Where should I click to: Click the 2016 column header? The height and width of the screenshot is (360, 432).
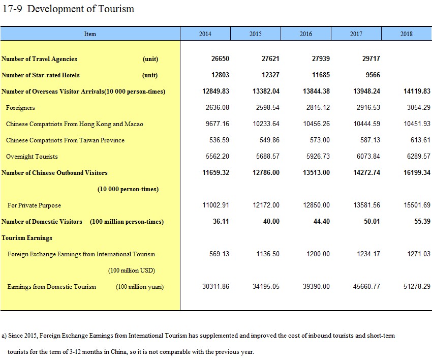coord(306,34)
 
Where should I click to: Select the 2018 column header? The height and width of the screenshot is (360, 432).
coord(407,34)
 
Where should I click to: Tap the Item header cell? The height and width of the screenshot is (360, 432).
coord(90,34)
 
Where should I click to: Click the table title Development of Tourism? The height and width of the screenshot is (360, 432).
coord(81,9)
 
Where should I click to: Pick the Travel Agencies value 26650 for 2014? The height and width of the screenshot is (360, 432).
coord(220,58)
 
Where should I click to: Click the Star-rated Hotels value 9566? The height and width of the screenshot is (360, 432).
coord(373,75)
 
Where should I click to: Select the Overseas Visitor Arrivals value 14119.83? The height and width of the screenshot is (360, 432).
coord(417,91)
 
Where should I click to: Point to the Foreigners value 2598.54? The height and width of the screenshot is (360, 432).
coord(267,107)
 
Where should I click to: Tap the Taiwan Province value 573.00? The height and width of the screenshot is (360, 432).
coord(320,140)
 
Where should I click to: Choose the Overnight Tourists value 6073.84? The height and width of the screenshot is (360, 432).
coord(368,156)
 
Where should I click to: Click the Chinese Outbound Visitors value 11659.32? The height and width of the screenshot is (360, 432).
coord(215,172)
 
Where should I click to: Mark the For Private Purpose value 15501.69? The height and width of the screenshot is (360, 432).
coord(417,205)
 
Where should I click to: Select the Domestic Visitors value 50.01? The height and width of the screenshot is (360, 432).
coord(372,221)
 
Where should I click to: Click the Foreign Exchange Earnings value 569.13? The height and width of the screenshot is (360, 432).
coord(219,254)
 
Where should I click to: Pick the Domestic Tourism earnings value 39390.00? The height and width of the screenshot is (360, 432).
coord(316,286)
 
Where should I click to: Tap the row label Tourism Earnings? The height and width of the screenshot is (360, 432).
coord(27,238)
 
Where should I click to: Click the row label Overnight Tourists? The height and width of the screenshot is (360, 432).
coord(32,157)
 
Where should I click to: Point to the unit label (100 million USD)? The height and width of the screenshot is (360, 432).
coord(132,271)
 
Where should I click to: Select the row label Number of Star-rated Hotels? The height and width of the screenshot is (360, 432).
coord(41,75)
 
